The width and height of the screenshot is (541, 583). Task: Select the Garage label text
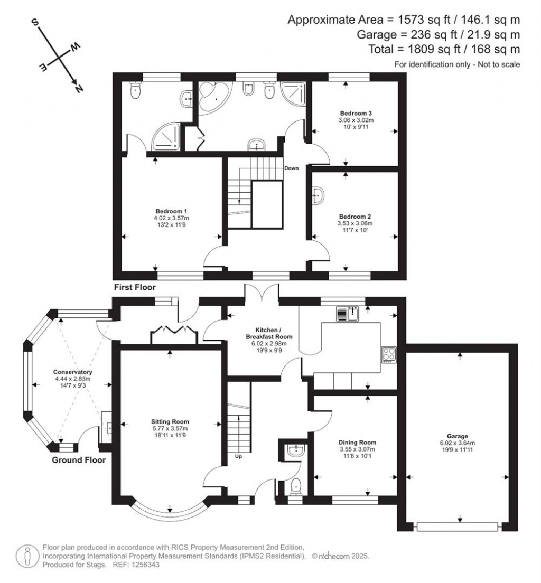458,436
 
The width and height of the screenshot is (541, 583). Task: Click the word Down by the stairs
292,168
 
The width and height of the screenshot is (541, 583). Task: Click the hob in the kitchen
389,354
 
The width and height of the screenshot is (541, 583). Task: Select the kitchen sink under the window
348,313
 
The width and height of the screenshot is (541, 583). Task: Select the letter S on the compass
36,22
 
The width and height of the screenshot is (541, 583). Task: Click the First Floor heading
135,287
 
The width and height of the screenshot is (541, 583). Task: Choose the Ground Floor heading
78,460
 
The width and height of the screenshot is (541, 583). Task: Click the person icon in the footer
26,556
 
